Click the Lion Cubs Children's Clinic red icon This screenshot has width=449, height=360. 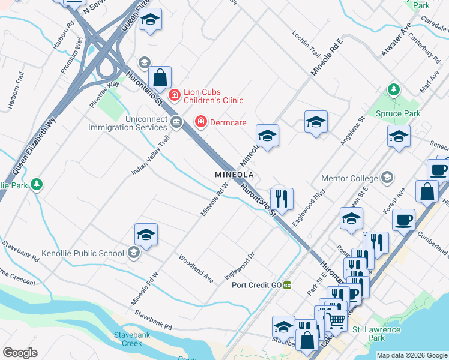[174, 95]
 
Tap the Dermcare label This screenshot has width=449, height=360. [228, 122]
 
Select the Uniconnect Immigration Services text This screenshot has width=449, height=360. [128, 123]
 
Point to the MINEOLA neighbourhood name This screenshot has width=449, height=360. [235, 175]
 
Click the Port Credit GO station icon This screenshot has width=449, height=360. [288, 285]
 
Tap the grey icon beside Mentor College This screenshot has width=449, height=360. [387, 178]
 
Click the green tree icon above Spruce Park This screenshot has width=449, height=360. [394, 90]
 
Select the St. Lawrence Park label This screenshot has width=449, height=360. [376, 334]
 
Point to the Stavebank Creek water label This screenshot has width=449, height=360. [127, 339]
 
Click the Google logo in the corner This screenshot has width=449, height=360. [20, 352]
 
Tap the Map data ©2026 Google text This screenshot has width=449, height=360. [412, 355]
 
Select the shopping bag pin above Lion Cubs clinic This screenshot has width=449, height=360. [160, 77]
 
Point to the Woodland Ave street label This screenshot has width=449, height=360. [196, 269]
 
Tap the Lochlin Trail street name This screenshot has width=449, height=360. [306, 40]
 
